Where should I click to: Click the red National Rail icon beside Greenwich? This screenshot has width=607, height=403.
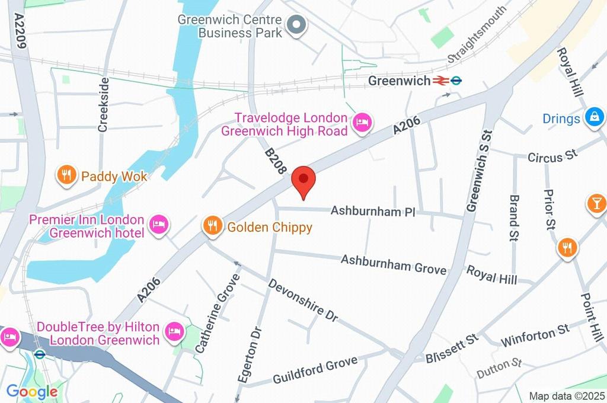click(440, 81)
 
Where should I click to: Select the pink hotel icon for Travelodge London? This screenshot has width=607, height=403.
click(360, 123)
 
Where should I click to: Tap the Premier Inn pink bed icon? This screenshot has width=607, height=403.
click(159, 224)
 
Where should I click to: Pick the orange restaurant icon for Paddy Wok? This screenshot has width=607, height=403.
click(66, 175)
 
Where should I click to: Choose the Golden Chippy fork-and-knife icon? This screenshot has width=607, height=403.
click(212, 225)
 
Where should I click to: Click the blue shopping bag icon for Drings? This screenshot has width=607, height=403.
click(593, 118)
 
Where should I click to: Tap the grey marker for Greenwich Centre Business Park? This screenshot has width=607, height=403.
click(295, 25)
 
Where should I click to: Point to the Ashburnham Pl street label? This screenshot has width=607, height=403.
click(373, 211)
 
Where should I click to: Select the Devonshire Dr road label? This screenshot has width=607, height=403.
click(303, 300)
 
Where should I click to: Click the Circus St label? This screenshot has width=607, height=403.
click(552, 156)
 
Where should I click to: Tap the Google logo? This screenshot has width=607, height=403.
click(31, 391)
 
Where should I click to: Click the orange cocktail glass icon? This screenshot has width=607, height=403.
click(595, 203)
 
